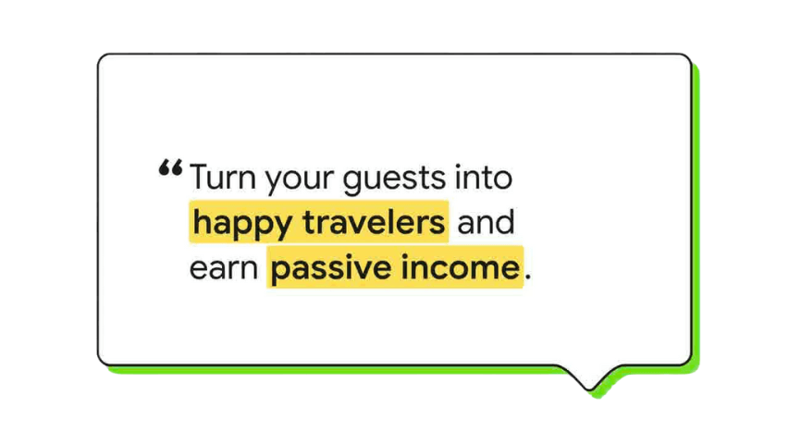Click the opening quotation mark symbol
[170, 167]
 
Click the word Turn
[223, 178]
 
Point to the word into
[484, 178]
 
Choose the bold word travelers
[374, 222]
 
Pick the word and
[486, 222]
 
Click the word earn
[224, 268]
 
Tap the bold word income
[461, 266]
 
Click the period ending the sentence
[527, 277]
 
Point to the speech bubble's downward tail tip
[588, 389]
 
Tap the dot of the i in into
[458, 166]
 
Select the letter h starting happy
[203, 222]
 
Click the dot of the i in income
[405, 256]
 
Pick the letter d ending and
[505, 222]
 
